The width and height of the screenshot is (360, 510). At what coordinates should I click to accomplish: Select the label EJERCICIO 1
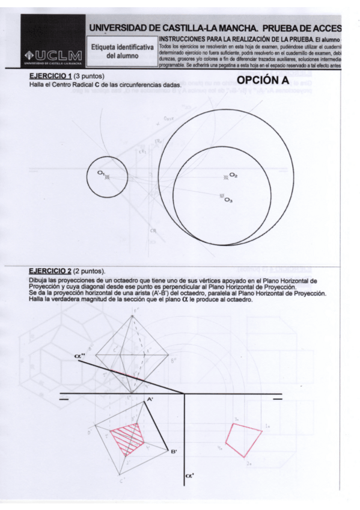click(x=50, y=77)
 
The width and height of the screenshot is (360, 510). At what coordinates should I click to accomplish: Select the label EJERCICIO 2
click(x=50, y=271)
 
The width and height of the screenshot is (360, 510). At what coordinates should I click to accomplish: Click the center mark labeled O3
click(x=221, y=196)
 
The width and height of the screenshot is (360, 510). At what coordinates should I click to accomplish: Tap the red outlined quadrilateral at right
click(x=246, y=438)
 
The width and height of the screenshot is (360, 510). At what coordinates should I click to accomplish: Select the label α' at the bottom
click(x=189, y=478)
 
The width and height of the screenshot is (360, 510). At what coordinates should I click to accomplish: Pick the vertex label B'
click(x=173, y=452)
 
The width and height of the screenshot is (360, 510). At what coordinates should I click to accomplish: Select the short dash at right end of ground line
click(x=277, y=398)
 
